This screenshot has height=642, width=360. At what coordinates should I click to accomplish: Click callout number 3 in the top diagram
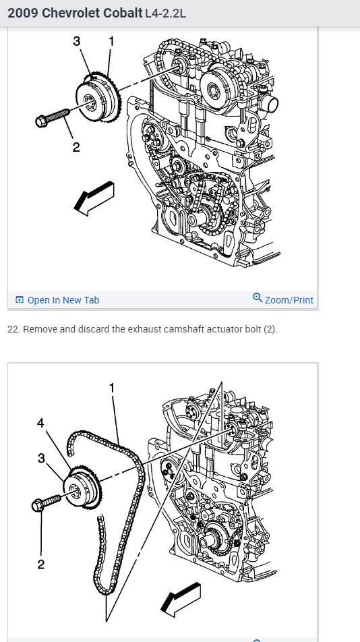pos(77,41)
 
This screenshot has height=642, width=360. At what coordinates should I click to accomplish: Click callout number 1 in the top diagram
pos(111,41)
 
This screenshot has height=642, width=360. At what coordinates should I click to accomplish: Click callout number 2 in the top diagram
pos(76,147)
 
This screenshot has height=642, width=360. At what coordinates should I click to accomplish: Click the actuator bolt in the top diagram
pos(53,117)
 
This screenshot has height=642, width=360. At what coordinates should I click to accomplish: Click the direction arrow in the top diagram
pos(94,198)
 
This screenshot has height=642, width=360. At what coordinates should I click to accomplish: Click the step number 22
pos(13,329)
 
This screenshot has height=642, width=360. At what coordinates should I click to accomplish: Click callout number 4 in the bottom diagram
pos(40,423)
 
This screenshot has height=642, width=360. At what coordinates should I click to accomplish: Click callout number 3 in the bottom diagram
pos(41,458)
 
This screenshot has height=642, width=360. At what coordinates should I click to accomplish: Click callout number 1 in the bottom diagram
pos(111,387)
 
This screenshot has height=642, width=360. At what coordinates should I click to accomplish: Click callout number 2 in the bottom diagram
pos(40,564)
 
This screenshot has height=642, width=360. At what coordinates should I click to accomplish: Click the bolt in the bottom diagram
pos(47,503)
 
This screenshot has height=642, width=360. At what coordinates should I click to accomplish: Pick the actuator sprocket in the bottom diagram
pos(83,487)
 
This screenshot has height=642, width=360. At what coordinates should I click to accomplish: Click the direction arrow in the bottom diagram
pos(181,599)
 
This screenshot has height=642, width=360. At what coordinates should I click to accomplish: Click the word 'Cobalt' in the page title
pos(123,13)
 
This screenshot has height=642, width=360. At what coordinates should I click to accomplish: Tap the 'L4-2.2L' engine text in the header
pos(165,13)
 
